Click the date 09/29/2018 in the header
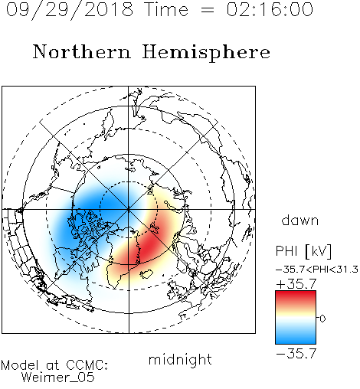pos(70,9)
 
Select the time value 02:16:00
pos(270,9)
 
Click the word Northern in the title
pos(82,51)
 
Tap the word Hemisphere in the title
pos(206,53)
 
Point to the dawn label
pos(300,220)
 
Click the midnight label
pos(180,359)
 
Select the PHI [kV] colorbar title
pos(303,251)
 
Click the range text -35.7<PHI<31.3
pos(317,270)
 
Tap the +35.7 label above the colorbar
pos(296,284)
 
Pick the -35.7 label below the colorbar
pos(296,354)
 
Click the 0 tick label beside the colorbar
pos(322,319)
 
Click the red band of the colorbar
pos(296,297)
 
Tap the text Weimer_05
pos(58,377)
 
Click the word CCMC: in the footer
pos(87,365)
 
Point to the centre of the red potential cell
pos(148,245)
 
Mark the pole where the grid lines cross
pos(129,210)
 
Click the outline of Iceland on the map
pos(146,274)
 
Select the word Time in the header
pos(166,9)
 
